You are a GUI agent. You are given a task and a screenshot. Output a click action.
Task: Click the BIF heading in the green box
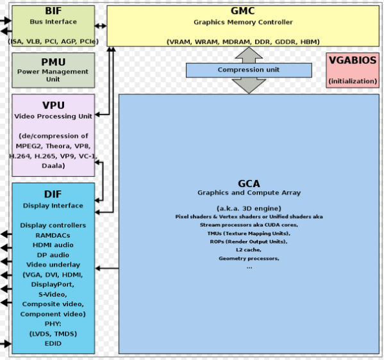click(x=53, y=12)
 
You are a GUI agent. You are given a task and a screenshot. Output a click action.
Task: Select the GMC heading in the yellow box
click(x=243, y=12)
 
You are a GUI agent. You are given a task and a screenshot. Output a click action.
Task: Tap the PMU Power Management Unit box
click(x=53, y=70)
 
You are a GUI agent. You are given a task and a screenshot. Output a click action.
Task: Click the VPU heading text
click(x=53, y=105)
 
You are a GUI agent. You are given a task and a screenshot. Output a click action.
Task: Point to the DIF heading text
click(x=53, y=194)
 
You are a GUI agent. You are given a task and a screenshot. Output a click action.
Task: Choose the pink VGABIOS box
click(x=353, y=70)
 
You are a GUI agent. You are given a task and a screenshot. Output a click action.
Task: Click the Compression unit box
click(x=248, y=70)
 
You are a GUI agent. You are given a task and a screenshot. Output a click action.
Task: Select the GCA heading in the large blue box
click(x=249, y=183)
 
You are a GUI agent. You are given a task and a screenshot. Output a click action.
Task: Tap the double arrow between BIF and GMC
click(x=101, y=26)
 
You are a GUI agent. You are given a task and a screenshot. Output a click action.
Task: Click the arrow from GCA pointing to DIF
click(x=106, y=268)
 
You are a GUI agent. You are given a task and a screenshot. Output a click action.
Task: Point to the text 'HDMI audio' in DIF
click(x=53, y=245)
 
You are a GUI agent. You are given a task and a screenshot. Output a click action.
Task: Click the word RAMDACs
click(x=53, y=235)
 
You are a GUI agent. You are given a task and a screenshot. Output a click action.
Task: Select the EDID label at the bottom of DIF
click(x=53, y=343)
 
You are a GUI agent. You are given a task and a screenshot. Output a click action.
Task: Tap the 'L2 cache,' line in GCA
click(x=249, y=250)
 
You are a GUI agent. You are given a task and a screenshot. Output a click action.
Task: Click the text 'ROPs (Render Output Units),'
click(x=249, y=241)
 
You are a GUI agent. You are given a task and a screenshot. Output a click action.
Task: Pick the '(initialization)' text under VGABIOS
click(x=353, y=81)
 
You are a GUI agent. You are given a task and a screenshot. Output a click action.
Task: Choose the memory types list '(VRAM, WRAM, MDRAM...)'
click(x=243, y=42)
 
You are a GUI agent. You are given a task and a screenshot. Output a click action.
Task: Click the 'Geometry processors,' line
click(x=249, y=258)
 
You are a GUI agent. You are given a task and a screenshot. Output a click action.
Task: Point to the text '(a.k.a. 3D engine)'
click(x=249, y=208)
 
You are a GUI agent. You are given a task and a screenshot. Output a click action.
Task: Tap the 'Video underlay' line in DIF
click(x=53, y=265)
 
